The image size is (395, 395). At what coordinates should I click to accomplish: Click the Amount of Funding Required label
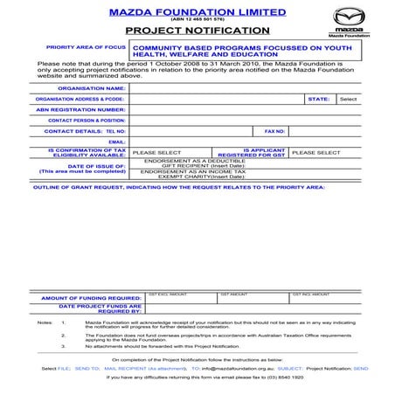92,298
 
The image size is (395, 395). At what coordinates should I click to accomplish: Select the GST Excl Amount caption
167,294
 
